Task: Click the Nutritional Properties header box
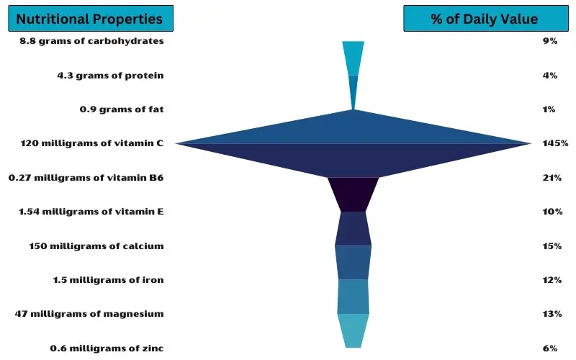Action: [91, 19]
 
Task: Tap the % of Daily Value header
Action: [485, 19]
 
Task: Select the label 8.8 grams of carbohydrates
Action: [91, 41]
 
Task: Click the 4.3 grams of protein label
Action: [110, 76]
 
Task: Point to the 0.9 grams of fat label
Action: [122, 109]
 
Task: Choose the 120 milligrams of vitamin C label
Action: [92, 143]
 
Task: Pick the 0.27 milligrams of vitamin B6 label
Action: [86, 177]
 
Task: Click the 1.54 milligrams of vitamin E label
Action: [91, 211]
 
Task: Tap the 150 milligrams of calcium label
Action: [96, 246]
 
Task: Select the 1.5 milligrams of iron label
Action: [108, 279]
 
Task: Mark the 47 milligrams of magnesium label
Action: [89, 314]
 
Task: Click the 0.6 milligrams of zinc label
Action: [107, 348]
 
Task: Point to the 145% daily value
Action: [555, 143]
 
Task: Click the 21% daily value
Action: [552, 177]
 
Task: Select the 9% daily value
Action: [550, 41]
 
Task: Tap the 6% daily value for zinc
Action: [550, 348]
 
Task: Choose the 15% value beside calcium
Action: [552, 246]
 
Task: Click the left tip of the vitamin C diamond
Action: [175, 143]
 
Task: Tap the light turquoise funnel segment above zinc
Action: [353, 330]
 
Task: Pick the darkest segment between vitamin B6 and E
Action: [353, 194]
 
